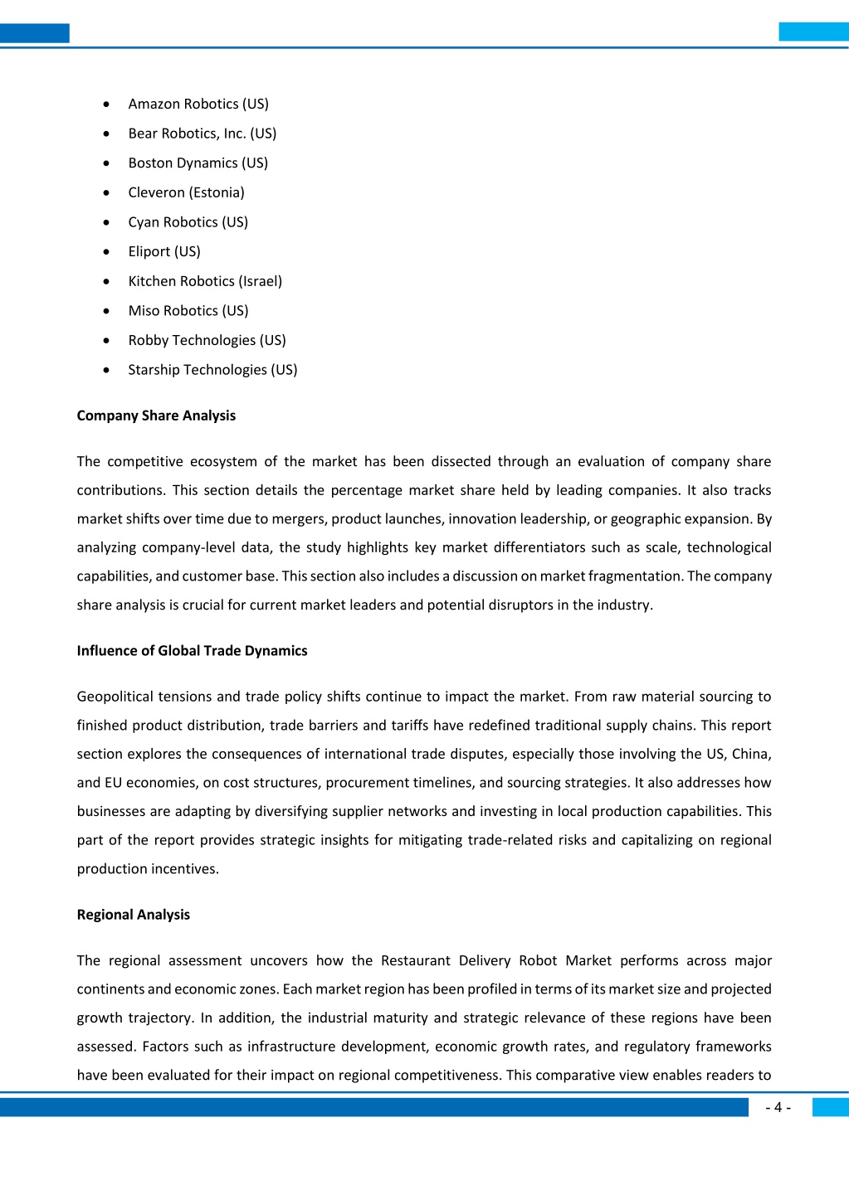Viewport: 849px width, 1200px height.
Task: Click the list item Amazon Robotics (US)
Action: (198, 104)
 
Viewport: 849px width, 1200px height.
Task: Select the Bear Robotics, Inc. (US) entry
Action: (202, 134)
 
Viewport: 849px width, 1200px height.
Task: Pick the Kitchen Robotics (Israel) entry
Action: (205, 281)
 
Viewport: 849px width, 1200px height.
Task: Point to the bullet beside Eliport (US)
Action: (106, 252)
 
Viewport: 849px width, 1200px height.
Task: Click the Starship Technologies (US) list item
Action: (212, 370)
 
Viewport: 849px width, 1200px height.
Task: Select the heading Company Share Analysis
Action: (156, 415)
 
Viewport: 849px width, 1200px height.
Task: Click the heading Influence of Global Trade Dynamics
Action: (192, 651)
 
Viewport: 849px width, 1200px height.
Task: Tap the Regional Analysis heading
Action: (133, 915)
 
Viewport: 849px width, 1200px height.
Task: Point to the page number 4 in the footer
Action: (778, 1108)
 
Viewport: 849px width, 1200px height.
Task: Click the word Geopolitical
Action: (114, 697)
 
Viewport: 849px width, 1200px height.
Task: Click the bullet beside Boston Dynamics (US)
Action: (106, 163)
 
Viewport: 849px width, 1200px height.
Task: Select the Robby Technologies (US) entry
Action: (207, 340)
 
